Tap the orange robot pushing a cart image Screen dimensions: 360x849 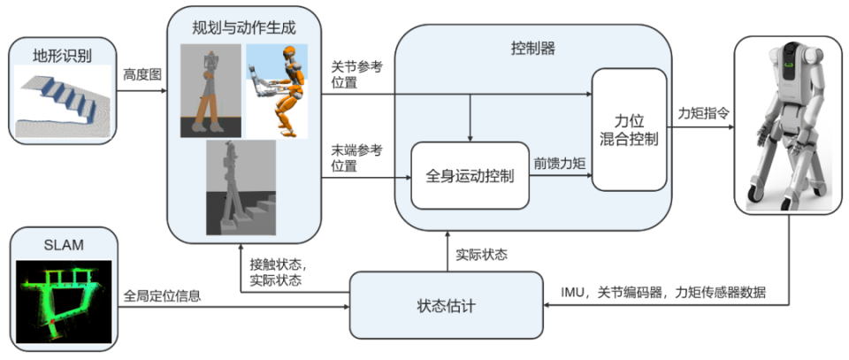[278, 89]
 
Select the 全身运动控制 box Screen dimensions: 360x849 [469, 175]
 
